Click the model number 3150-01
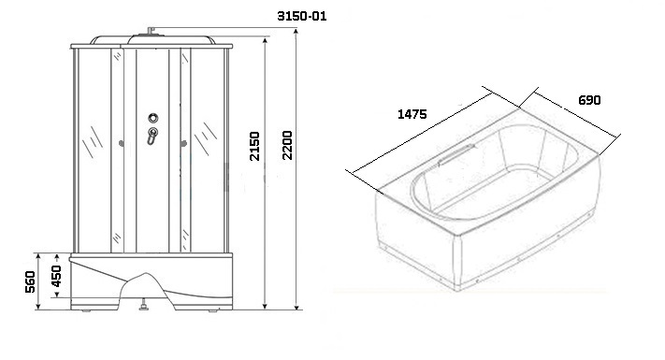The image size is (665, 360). tap(301, 17)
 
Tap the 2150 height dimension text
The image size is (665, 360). tap(254, 146)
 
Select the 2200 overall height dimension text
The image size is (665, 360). tap(287, 145)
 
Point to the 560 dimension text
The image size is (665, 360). tap(30, 281)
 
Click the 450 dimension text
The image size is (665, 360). tap(56, 276)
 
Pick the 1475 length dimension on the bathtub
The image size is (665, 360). tap(412, 114)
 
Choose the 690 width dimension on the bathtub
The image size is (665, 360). tap(589, 100)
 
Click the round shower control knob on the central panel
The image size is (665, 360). tap(153, 118)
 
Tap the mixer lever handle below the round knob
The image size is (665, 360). tap(152, 136)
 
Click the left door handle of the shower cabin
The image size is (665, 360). tap(122, 144)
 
